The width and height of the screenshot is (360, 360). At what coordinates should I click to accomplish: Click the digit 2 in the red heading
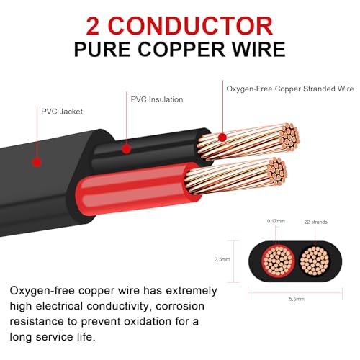tap(93, 26)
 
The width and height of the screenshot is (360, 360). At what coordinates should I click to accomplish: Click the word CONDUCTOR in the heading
tap(191, 26)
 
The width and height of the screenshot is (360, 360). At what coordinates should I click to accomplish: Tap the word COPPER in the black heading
tap(181, 50)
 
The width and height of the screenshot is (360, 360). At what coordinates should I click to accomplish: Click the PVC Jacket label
tap(62, 112)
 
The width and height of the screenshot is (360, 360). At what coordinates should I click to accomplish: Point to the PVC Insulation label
tap(157, 99)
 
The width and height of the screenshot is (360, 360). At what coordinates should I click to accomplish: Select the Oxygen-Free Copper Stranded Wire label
tap(290, 89)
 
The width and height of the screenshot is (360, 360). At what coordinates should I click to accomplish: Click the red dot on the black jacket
tap(37, 162)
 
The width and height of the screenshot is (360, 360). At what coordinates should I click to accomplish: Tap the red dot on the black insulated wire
tap(126, 149)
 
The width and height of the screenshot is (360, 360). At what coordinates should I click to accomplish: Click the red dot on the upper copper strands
tap(222, 138)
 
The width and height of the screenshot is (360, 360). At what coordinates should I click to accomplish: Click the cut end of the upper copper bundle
tap(290, 137)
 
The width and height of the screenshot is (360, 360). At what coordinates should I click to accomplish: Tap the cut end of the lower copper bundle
tap(278, 171)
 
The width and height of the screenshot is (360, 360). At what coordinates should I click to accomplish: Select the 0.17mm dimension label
tap(276, 221)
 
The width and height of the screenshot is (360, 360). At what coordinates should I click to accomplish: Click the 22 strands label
tap(315, 222)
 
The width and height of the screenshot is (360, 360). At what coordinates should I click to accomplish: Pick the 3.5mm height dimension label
tap(222, 259)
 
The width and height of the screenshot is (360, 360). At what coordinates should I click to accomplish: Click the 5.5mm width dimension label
tap(297, 299)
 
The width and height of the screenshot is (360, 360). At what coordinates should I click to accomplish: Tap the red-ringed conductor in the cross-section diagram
tap(278, 261)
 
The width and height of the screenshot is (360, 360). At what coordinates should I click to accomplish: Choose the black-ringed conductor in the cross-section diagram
tap(315, 261)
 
